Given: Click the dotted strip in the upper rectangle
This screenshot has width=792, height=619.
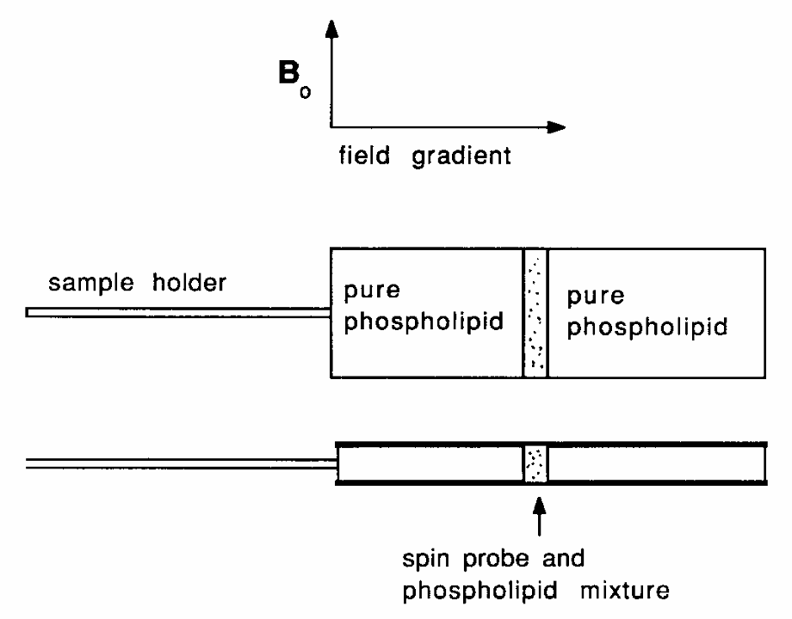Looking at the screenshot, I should click(x=535, y=313).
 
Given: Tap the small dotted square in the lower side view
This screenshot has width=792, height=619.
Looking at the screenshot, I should click(x=535, y=463).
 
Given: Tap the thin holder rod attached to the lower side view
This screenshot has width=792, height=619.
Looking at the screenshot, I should click(x=181, y=464).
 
